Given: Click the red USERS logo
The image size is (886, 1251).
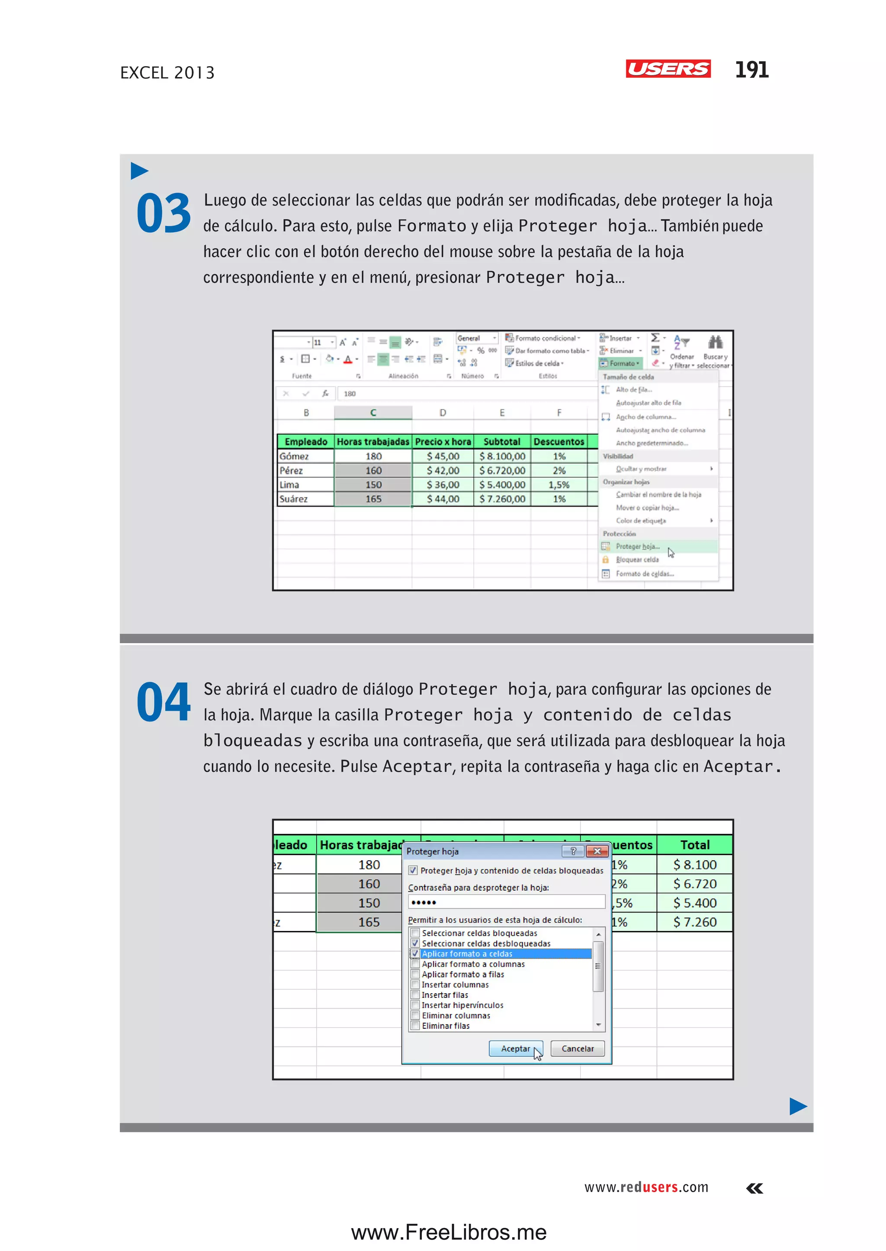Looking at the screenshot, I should click(668, 69).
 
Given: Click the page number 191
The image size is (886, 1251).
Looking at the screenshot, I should click(751, 70).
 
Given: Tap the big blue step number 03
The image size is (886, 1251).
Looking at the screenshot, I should click(163, 213).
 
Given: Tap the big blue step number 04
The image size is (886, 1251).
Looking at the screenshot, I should click(163, 702).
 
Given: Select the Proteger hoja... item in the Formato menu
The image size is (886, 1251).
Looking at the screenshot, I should click(637, 546).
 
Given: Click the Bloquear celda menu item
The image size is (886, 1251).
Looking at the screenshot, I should click(637, 560).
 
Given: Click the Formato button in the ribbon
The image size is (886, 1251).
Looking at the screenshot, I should click(621, 363).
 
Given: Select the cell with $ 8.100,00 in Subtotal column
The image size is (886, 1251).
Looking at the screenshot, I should click(502, 456).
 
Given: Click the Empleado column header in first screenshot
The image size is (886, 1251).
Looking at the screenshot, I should click(305, 441).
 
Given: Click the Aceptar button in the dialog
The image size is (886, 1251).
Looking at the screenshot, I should click(515, 1049).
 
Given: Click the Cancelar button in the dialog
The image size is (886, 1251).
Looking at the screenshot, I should click(577, 1049).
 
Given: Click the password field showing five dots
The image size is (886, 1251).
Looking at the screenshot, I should click(506, 902).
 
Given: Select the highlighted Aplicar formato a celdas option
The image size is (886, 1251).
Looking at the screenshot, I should click(467, 954).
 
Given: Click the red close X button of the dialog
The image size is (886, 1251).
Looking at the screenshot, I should click(597, 851).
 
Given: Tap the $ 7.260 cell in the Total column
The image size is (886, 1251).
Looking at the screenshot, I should click(694, 922).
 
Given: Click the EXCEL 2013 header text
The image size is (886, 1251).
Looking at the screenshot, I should click(167, 73).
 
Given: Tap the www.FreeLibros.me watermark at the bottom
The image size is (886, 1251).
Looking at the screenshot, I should click(449, 1232).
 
